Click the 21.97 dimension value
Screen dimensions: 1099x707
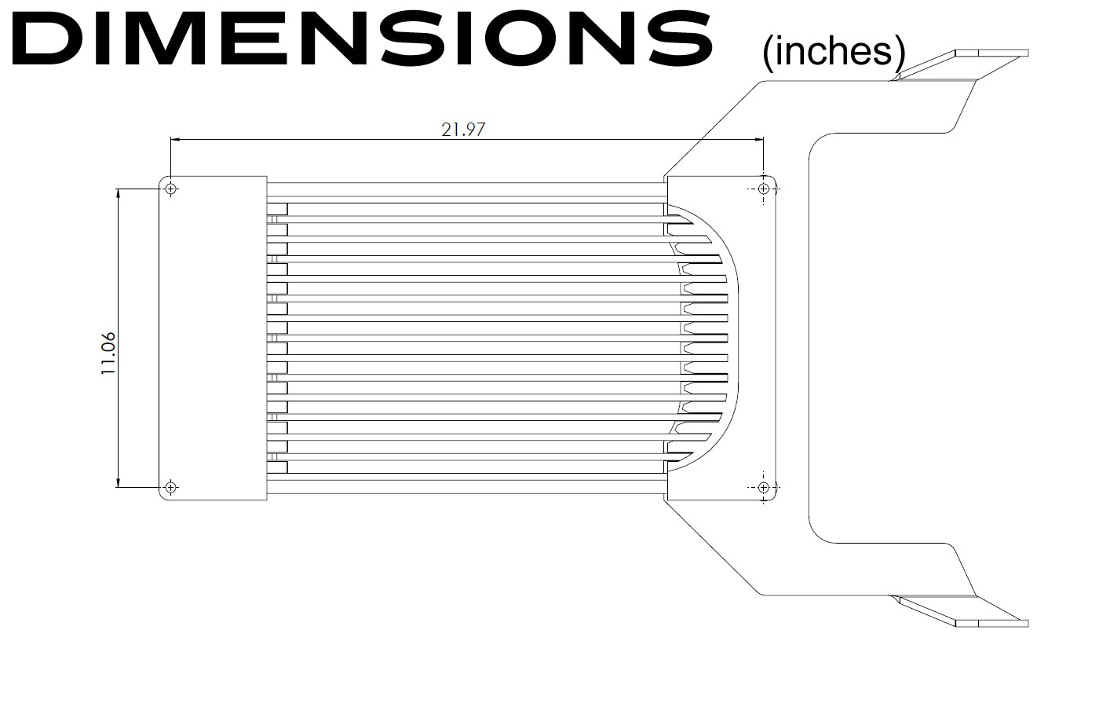pos(462,130)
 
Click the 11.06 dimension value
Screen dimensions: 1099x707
pos(108,353)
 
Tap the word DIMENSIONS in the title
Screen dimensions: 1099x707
pos(362,38)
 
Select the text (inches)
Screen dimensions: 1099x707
pos(834,52)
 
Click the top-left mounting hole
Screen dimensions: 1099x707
pos(171,189)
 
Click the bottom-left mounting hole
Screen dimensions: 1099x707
pos(171,487)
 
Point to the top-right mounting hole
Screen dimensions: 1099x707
pos(763,189)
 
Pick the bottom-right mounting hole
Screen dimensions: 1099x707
pos(763,487)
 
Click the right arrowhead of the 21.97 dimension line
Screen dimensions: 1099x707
pos(758,140)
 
